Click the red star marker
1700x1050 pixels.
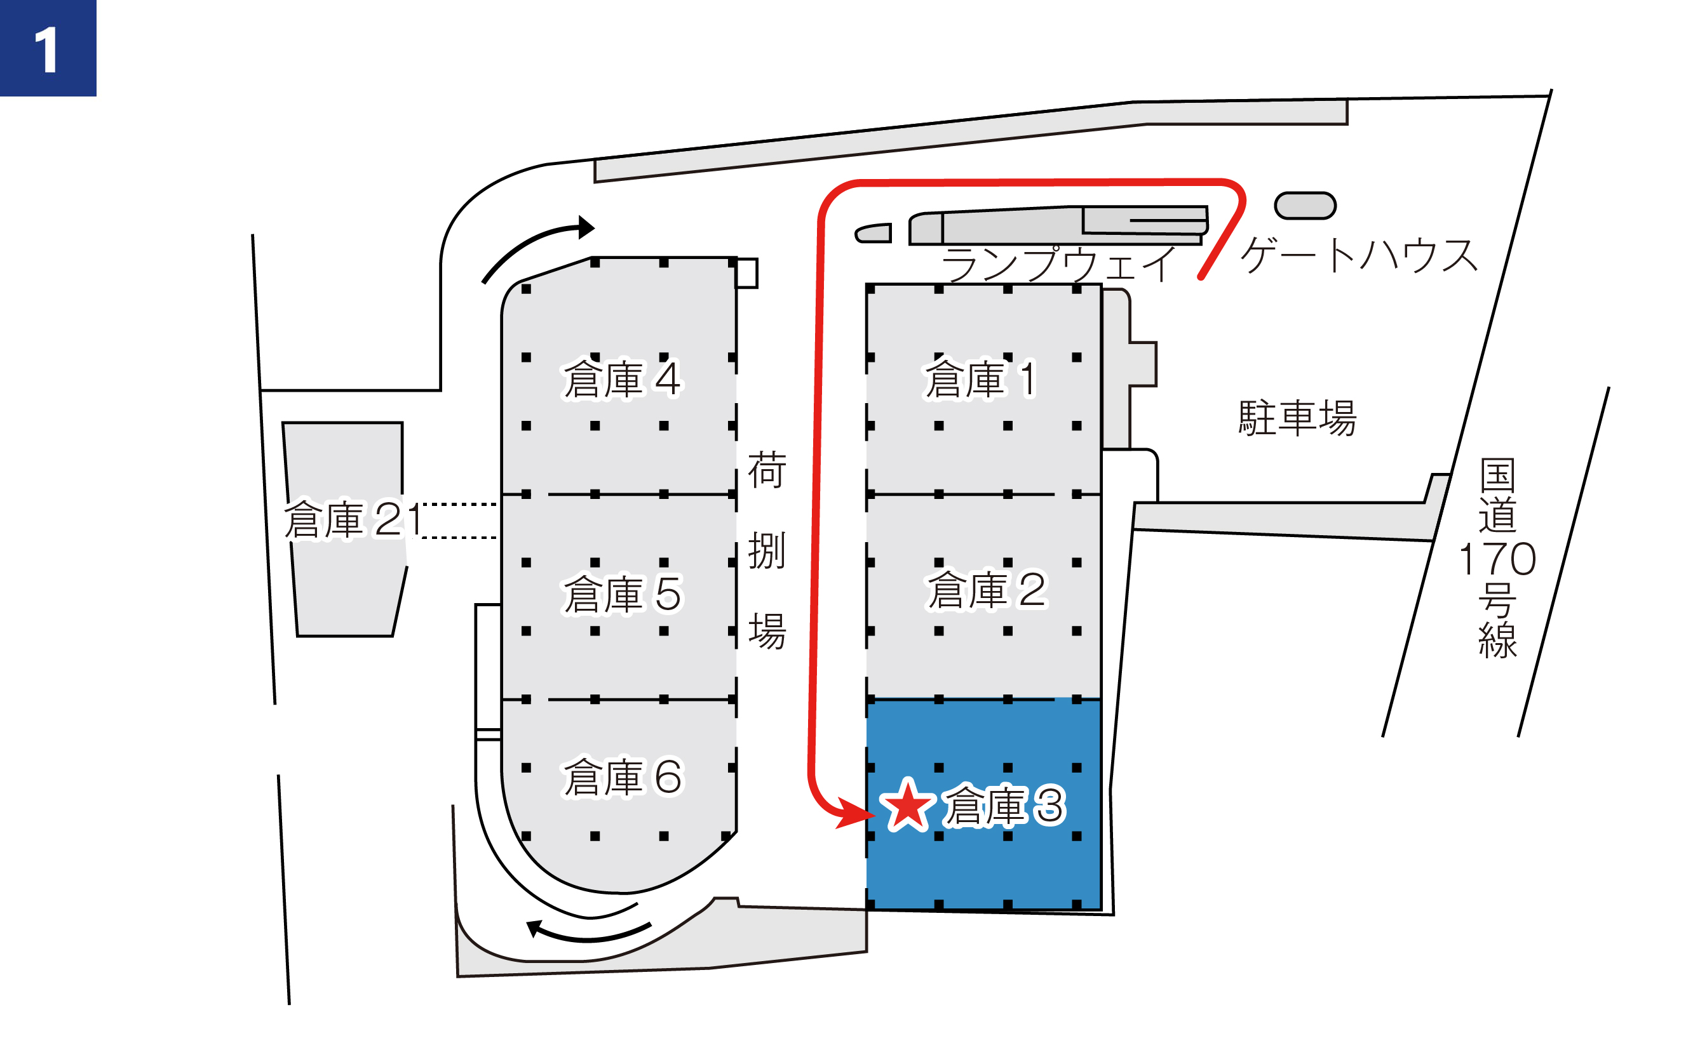pyautogui.click(x=908, y=806)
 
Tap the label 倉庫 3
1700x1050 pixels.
pyautogui.click(x=1003, y=806)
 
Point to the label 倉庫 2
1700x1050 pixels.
pyautogui.click(x=986, y=590)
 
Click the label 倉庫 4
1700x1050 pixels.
pyautogui.click(x=622, y=380)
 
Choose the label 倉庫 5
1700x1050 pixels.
pyautogui.click(x=622, y=594)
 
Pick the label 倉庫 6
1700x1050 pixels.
pyautogui.click(x=622, y=777)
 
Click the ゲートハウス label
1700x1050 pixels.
pyautogui.click(x=1358, y=256)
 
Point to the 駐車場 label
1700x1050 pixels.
pyautogui.click(x=1297, y=418)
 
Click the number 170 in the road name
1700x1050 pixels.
pyautogui.click(x=1497, y=560)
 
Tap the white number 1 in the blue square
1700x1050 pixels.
pyautogui.click(x=47, y=50)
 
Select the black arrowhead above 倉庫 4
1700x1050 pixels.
pyautogui.click(x=586, y=227)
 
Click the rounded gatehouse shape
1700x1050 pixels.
pyautogui.click(x=1305, y=206)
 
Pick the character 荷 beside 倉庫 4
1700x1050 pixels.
pyautogui.click(x=767, y=470)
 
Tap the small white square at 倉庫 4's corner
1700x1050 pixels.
pyautogui.click(x=747, y=273)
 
